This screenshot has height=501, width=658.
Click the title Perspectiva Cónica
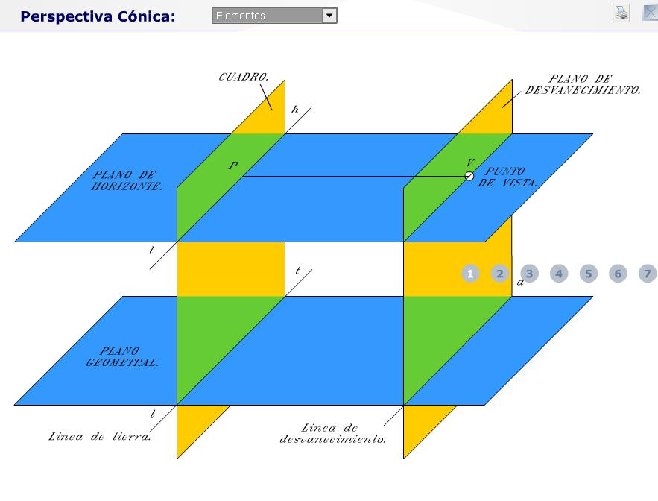(98, 16)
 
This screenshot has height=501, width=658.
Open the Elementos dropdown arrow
(329, 16)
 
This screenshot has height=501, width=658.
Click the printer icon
(621, 13)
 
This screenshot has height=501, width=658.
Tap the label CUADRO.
(244, 77)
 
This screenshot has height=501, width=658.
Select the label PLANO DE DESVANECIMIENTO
(583, 84)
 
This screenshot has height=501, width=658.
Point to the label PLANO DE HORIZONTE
(127, 180)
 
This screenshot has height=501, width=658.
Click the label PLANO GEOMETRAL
(122, 357)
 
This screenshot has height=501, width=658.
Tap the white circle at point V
(469, 177)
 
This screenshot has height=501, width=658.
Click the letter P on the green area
(233, 166)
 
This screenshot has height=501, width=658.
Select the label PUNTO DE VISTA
(507, 177)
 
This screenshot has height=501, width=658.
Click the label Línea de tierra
(99, 437)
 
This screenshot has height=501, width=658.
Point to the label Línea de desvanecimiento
(333, 433)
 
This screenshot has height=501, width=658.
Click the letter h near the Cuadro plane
(295, 110)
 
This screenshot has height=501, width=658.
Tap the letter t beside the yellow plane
(297, 271)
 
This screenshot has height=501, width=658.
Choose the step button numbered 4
(559, 274)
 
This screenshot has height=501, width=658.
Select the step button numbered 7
(648, 274)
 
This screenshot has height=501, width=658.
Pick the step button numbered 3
(529, 274)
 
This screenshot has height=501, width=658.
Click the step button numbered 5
(589, 274)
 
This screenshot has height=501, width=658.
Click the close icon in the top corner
(650, 13)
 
